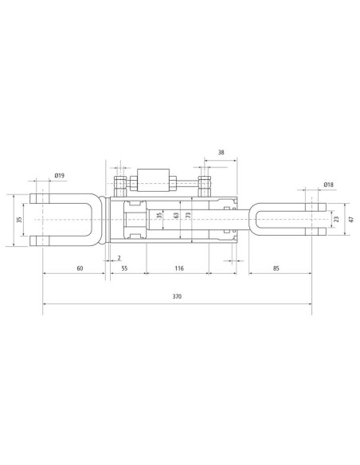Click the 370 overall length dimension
coord(177,296)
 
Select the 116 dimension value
coord(179,268)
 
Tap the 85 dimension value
coord(276,268)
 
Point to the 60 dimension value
coord(80,268)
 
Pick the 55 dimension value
coord(124,268)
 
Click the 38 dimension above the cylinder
coord(221,152)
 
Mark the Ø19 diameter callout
coord(59,175)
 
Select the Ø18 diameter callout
coord(329,185)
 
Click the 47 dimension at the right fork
coord(352,220)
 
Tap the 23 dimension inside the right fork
coord(336,220)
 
